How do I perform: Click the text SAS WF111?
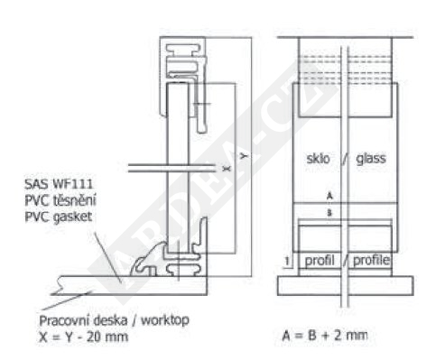pos(59,184)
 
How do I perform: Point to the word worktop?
pos(165,320)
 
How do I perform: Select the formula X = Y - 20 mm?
pos(83,337)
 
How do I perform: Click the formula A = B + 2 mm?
pos(325,335)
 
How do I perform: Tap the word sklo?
pos(319,159)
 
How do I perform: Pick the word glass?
pos(371,159)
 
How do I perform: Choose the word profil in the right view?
pos(319,260)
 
